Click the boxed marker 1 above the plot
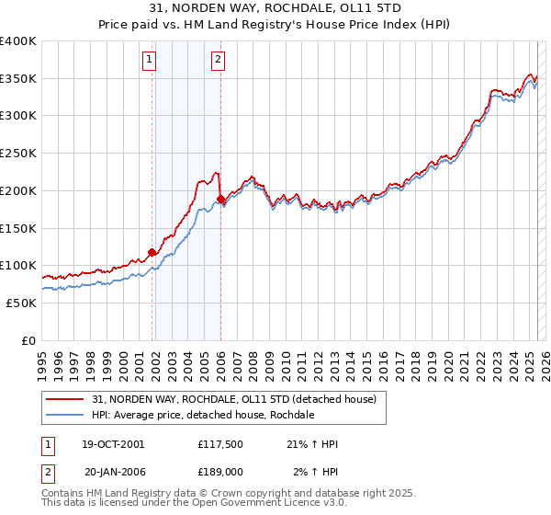[x=149, y=61]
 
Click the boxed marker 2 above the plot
[x=219, y=61]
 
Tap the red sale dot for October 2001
[x=152, y=252]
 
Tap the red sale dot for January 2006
[x=221, y=199]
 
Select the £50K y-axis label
[x=21, y=303]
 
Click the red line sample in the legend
[x=66, y=398]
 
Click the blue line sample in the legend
[x=66, y=415]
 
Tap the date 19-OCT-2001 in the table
[x=113, y=444]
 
